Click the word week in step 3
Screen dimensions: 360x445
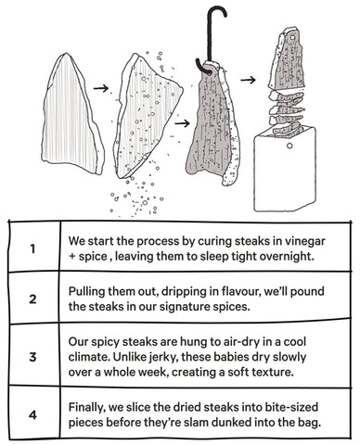tap(152, 372)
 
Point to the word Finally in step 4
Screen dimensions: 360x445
tap(87, 408)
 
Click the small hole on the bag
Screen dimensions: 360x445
tap(289, 146)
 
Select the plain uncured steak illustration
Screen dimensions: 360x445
tap(72, 113)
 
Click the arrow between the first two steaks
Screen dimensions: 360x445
tap(101, 89)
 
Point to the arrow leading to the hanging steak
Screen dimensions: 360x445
tap(182, 123)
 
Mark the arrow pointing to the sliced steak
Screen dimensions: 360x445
tap(249, 80)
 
